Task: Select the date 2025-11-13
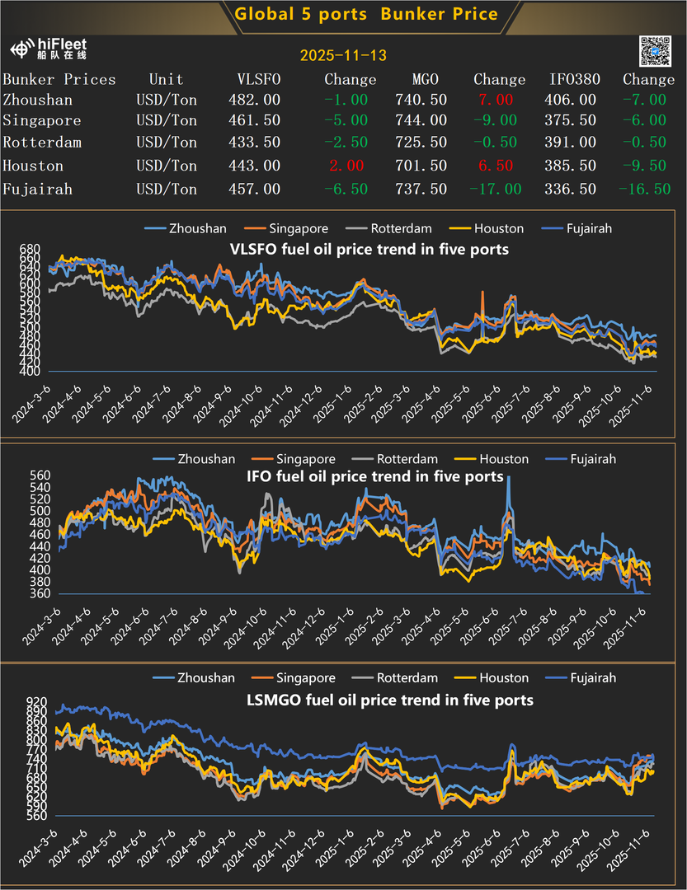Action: pyautogui.click(x=343, y=56)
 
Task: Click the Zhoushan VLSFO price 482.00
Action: pyautogui.click(x=254, y=100)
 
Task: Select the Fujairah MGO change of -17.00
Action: pyautogui.click(x=496, y=189)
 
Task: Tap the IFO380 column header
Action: pyautogui.click(x=575, y=79)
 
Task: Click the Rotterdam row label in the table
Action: pyautogui.click(x=42, y=143)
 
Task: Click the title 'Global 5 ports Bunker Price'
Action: pyautogui.click(x=366, y=14)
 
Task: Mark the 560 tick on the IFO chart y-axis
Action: pyautogui.click(x=29, y=475)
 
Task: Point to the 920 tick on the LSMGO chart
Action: pyautogui.click(x=29, y=699)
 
